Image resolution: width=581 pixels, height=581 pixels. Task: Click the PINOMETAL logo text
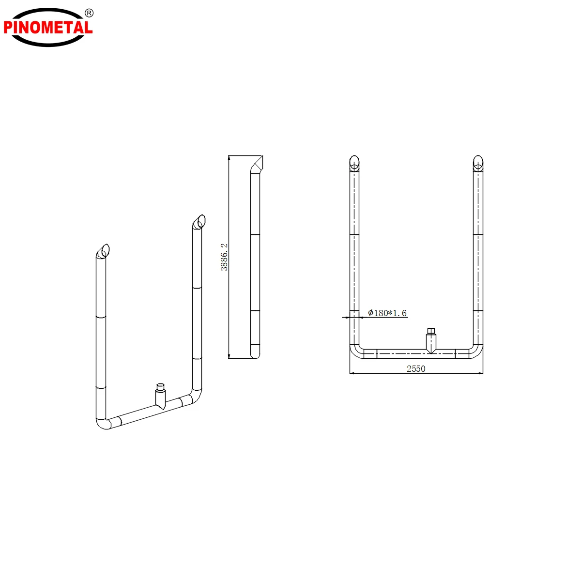coord(48,27)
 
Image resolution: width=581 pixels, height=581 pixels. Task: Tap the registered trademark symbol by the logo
coord(89,13)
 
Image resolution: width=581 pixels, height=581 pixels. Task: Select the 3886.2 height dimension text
coord(224,257)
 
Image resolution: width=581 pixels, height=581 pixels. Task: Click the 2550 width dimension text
coord(416,369)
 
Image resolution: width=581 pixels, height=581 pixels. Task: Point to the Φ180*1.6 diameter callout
coord(387,313)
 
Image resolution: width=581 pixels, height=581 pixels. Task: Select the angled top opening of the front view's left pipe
coord(354,163)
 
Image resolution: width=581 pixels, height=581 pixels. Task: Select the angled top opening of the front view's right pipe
coord(478,163)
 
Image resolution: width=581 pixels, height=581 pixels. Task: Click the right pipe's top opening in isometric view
coord(199,222)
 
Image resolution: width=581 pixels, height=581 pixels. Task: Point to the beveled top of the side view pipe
coord(257,164)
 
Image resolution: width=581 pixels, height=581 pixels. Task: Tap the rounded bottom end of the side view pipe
coord(255,353)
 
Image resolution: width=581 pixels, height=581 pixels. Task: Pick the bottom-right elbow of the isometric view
coord(196,397)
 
